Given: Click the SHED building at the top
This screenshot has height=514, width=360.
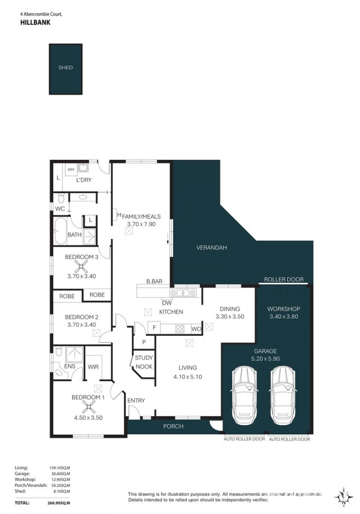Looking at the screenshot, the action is (66, 69).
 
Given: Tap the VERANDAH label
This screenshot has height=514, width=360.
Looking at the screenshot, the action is (211, 248).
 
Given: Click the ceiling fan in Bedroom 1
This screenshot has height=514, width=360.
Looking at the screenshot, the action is (88, 407).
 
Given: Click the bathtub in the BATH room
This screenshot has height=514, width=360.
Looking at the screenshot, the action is (61, 230).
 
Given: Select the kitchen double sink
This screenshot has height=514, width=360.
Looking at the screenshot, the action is (183, 293).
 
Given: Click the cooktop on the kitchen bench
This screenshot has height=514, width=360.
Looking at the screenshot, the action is (180, 329).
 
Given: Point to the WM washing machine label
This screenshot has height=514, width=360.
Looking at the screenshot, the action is (71, 170).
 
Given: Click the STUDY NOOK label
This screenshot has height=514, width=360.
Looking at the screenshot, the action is (144, 362).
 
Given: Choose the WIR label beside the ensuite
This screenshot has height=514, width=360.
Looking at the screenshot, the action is (93, 367).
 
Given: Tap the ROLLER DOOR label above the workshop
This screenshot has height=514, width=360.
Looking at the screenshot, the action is (284, 280).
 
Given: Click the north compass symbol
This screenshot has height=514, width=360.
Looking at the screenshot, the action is (343, 497).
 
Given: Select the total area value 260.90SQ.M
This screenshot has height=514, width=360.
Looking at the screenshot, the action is (59, 503).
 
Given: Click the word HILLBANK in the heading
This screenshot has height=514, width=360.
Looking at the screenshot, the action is (36, 23).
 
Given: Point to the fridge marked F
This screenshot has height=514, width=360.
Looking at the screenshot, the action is (154, 328).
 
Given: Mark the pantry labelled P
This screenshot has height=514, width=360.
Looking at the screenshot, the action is (144, 342).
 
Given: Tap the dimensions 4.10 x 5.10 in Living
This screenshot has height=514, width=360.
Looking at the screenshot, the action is (188, 377).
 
